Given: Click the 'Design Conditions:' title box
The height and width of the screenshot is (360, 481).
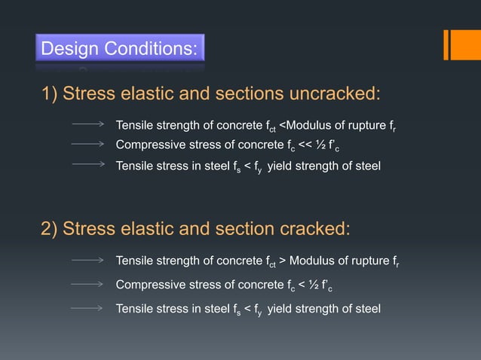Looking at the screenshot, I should (120, 50).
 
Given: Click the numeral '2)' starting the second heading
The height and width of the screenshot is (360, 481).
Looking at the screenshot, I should (50, 229).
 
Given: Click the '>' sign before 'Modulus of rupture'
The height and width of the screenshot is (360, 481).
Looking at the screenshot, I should (282, 261).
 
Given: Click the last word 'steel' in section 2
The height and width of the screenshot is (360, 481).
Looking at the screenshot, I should (366, 308).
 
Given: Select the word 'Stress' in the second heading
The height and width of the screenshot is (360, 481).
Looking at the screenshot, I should (87, 229).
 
